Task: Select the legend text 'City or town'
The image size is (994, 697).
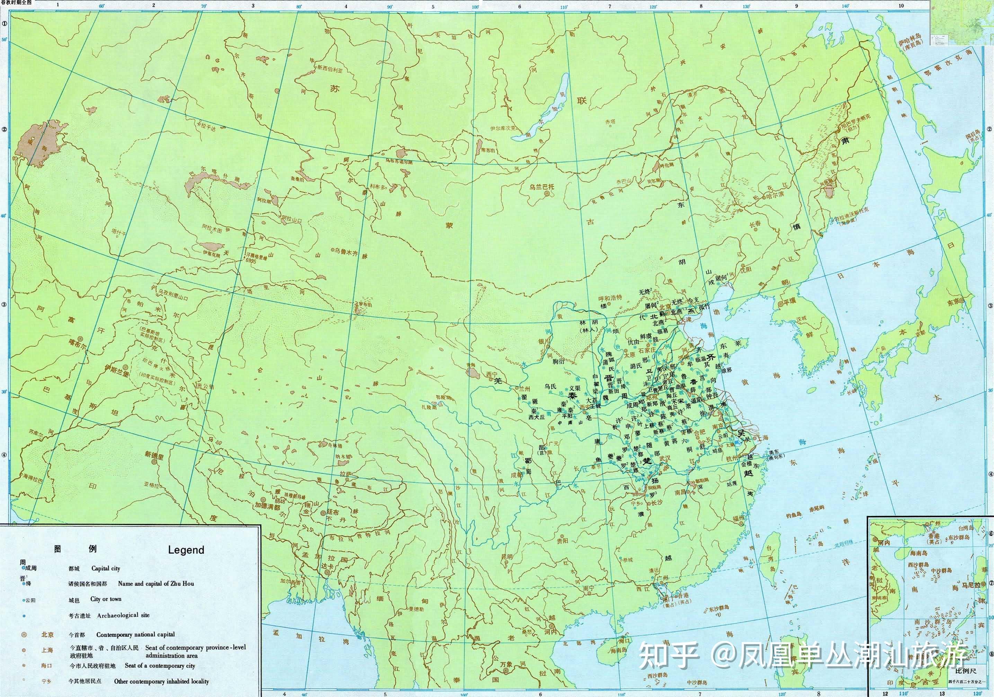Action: click(106, 599)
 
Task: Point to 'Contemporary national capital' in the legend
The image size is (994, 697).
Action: click(135, 634)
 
